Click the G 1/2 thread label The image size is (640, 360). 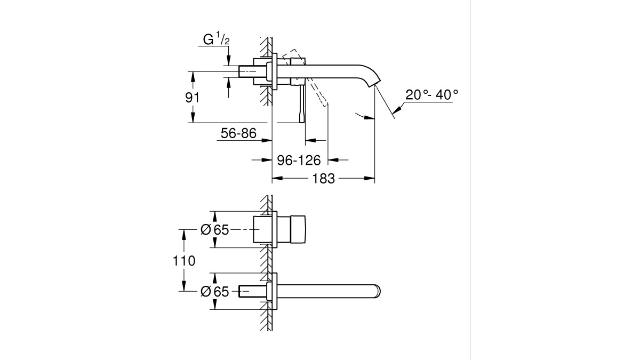(x=217, y=39)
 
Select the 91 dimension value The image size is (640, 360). (x=193, y=98)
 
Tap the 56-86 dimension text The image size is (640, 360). (x=238, y=133)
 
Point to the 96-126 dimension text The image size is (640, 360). (x=299, y=161)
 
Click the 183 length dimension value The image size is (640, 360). (x=323, y=179)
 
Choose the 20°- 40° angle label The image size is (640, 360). (x=431, y=94)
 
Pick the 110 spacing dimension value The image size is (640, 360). (x=184, y=261)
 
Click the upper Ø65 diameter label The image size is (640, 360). (x=215, y=230)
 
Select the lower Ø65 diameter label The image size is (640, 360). (x=215, y=292)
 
